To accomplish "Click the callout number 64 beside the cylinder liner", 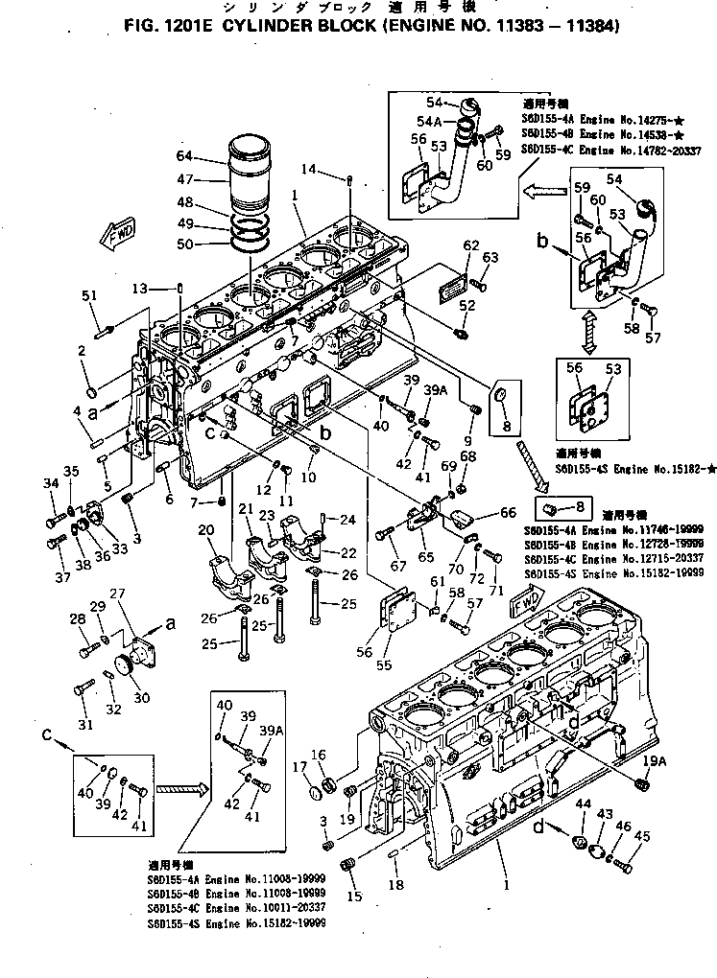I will [184, 155].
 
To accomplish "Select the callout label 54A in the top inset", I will [430, 122].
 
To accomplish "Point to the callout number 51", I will [91, 295].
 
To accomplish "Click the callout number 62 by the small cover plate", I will [470, 246].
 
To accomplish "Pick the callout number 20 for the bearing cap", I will [205, 530].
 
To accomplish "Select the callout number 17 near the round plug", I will [299, 767].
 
